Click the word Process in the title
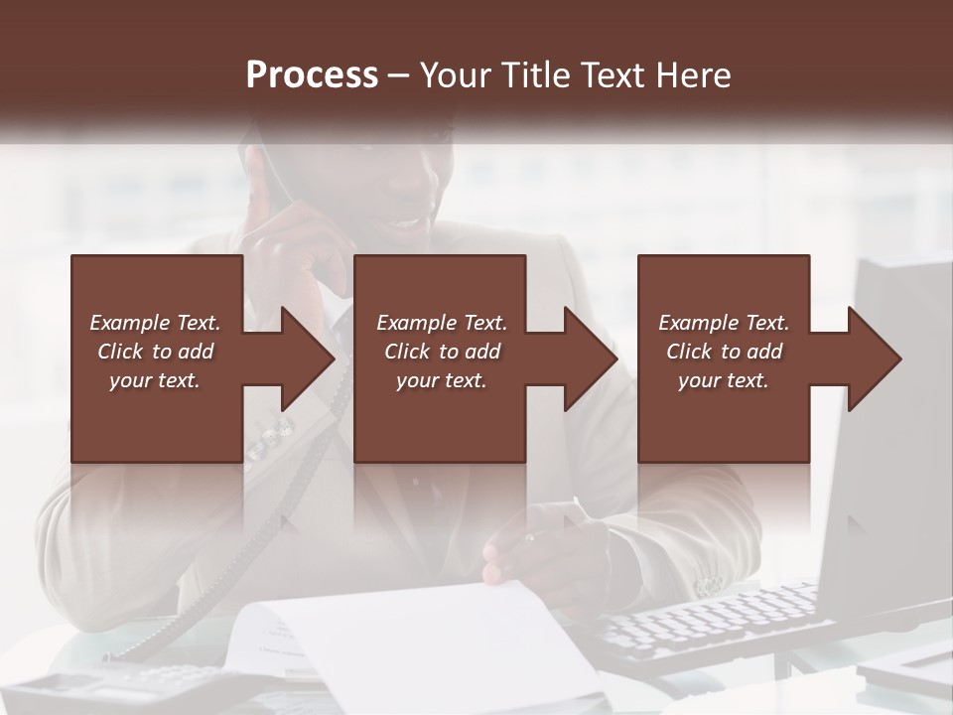312,74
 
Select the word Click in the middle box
407,352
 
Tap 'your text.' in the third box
724,380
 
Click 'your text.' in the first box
155,380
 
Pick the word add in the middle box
482,352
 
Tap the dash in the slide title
398,75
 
